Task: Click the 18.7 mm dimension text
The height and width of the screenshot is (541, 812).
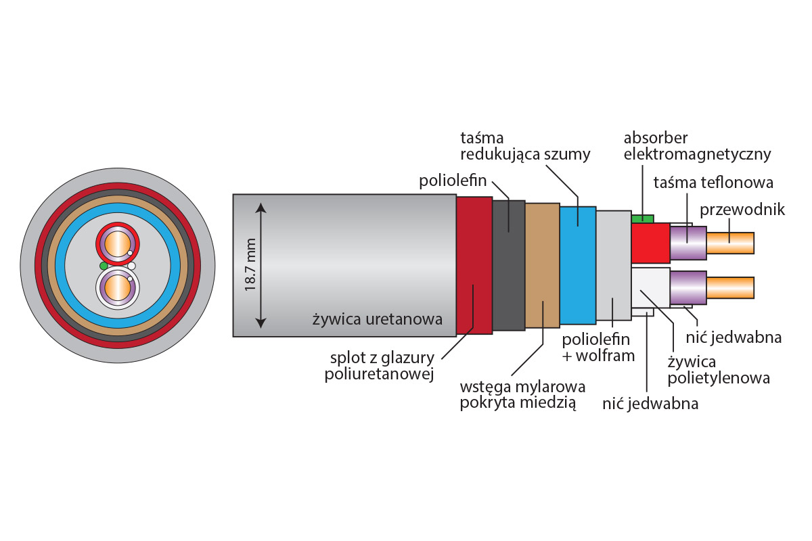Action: [251, 265]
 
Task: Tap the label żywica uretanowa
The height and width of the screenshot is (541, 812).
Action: [377, 319]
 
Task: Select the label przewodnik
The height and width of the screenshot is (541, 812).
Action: [742, 210]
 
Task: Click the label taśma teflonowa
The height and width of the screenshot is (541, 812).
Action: [713, 183]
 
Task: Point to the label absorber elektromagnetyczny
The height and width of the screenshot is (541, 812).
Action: [697, 146]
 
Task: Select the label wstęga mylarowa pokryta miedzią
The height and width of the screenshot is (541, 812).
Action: [522, 396]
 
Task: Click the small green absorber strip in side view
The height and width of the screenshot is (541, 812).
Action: [642, 218]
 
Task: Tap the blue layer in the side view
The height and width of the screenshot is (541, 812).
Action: [577, 264]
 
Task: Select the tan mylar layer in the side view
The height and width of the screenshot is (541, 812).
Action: [542, 264]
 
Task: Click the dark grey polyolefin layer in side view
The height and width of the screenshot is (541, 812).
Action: [509, 264]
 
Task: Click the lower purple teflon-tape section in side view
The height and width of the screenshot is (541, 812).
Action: [687, 287]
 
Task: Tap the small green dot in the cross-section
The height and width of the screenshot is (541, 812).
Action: [103, 264]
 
